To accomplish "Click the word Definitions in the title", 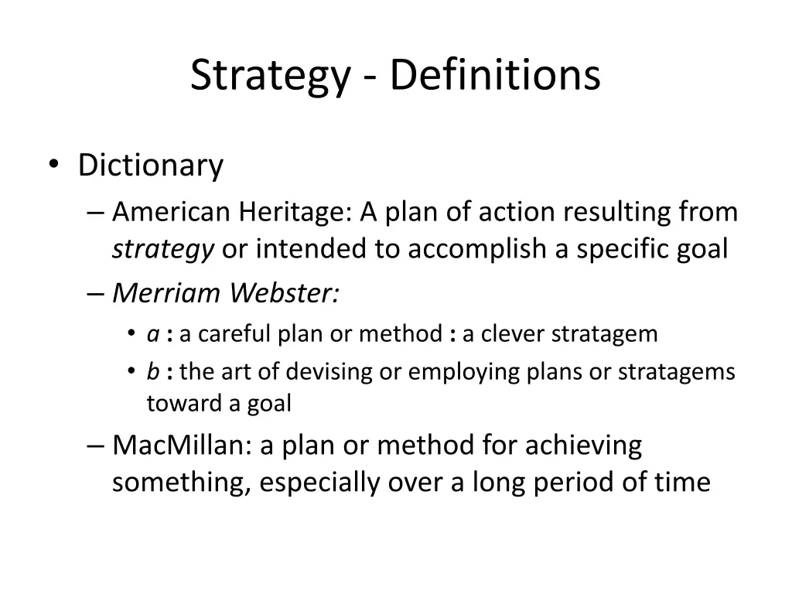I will pos(495,76).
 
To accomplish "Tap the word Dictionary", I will pos(150,166).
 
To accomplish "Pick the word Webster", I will pos(285,293).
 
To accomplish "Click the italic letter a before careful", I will pos(152,334).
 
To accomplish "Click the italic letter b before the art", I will pos(153,372).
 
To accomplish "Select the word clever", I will pos(509,334).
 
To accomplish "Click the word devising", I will pos(329,372).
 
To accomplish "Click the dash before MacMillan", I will pos(95,446).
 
